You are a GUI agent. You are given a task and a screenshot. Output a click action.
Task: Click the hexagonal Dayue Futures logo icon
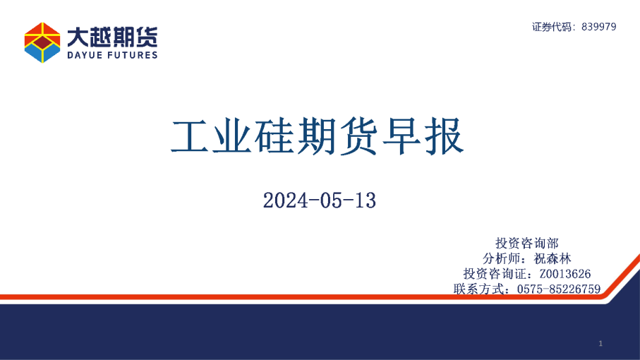pyautogui.click(x=42, y=42)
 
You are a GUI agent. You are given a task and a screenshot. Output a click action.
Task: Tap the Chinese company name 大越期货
pyautogui.click(x=112, y=35)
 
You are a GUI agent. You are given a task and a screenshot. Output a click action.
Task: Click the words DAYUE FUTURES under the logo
pyautogui.click(x=112, y=55)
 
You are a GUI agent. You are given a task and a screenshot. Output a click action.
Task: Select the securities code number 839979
pyautogui.click(x=600, y=27)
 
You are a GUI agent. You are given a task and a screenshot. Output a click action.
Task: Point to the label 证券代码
pyautogui.click(x=553, y=27)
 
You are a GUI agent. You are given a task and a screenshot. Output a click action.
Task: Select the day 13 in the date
pyautogui.click(x=366, y=200)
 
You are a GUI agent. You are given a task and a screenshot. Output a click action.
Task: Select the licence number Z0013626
pyautogui.click(x=564, y=273)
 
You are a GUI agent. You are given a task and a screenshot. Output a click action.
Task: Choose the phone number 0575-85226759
pyautogui.click(x=559, y=289)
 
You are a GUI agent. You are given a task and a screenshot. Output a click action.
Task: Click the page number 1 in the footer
pyautogui.click(x=600, y=343)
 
